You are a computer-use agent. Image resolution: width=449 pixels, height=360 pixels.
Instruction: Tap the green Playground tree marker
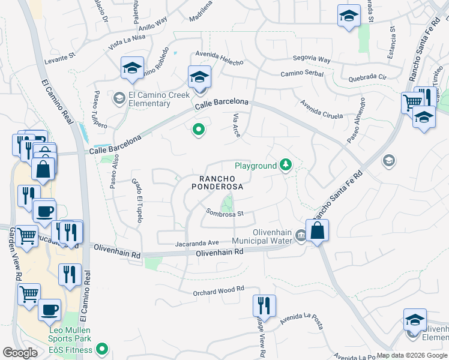click(286, 166)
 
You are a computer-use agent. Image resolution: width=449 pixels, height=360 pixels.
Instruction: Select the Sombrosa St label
click(224, 212)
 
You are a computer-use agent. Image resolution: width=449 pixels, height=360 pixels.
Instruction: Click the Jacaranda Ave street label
click(197, 243)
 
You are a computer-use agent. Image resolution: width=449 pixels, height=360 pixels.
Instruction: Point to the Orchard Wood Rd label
click(218, 289)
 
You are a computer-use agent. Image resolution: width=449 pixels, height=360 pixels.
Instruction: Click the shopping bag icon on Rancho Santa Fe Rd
click(318, 230)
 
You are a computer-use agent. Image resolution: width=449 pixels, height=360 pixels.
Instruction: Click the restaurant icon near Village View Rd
click(264, 305)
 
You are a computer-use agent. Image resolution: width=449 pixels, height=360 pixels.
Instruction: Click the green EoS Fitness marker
click(102, 347)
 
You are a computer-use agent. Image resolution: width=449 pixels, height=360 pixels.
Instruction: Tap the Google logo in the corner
click(20, 353)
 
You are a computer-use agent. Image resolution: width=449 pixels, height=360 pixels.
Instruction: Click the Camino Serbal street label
click(302, 74)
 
